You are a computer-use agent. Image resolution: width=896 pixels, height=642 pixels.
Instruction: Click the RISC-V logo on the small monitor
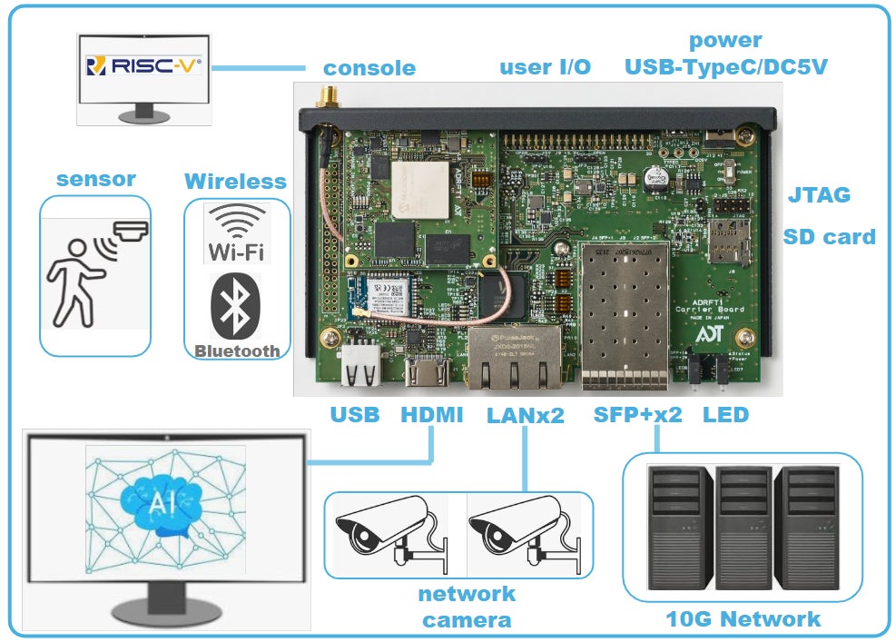coord(143,65)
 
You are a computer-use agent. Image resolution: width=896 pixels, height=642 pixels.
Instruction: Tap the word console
coord(369,67)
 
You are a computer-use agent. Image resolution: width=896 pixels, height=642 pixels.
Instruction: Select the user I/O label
coord(545,66)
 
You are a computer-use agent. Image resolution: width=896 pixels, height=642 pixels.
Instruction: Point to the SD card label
coord(829,237)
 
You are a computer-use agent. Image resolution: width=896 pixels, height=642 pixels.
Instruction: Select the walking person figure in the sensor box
coord(76,281)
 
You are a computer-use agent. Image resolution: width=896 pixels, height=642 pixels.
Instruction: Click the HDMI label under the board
coord(431,415)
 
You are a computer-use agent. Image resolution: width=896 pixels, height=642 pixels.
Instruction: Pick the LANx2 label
coord(526,415)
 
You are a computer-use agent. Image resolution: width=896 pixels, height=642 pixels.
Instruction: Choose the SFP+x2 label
coord(638,415)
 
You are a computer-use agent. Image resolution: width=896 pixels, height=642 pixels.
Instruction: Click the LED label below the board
coord(725,415)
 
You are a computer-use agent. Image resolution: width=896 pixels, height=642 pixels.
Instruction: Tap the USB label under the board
coord(354,415)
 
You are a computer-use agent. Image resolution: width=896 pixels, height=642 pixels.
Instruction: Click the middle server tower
coord(742,529)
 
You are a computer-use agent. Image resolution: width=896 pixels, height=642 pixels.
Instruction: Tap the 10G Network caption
coord(743,619)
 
